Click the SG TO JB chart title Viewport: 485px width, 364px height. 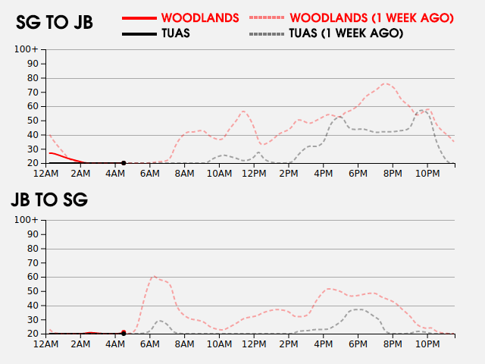[55, 23]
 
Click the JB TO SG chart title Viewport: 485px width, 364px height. [49, 200]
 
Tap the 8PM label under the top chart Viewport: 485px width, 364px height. [393, 174]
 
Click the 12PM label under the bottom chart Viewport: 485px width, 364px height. [254, 344]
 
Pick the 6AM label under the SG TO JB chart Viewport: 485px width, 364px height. [150, 174]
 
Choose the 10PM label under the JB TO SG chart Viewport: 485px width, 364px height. [427, 344]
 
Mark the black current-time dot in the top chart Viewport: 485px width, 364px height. [124, 163]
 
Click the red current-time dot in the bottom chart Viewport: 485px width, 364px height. [124, 332]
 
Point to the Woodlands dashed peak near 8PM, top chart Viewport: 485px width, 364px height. [385, 83]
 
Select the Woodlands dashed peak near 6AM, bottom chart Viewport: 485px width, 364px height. [154, 276]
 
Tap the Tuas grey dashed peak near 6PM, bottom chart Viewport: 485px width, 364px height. [358, 309]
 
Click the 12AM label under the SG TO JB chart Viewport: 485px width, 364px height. [47, 174]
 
